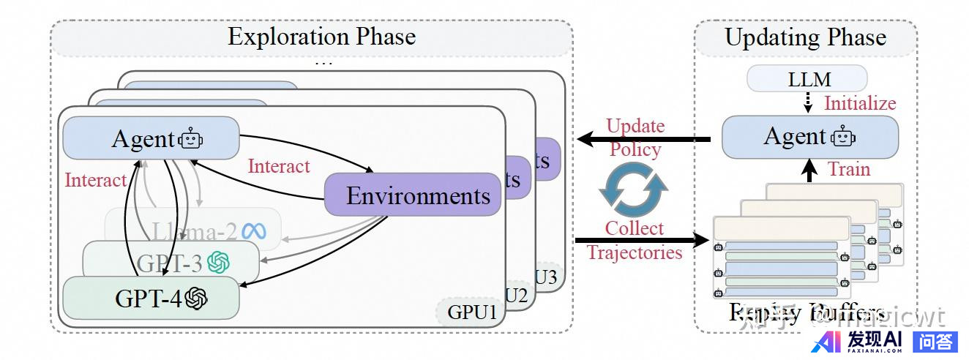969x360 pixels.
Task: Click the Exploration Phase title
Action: coord(321,37)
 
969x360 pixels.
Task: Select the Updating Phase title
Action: coord(805,38)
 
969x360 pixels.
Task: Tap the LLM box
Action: coord(807,79)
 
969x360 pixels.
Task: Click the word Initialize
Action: coord(860,103)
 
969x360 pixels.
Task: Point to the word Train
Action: coord(849,170)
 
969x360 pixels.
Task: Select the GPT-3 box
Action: coord(171,262)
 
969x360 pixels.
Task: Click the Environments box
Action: coord(414,195)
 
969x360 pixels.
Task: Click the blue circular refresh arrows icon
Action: coord(634,188)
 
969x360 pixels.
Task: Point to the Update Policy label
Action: coord(635,138)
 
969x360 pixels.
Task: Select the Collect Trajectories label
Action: coord(635,241)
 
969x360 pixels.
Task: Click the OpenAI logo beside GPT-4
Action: coord(196,299)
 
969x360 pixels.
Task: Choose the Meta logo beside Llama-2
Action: coord(254,231)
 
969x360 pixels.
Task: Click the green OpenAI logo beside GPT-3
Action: coord(219,262)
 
